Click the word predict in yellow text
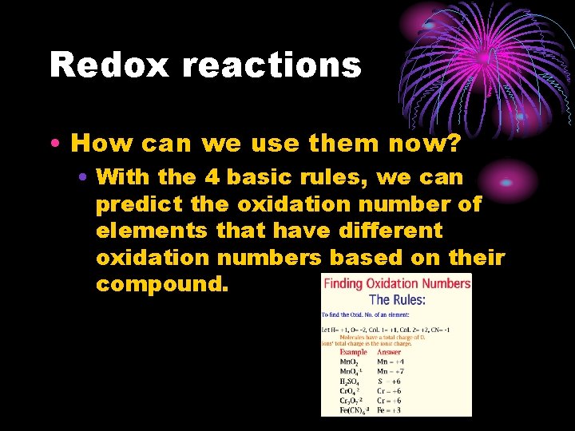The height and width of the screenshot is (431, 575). coord(139,204)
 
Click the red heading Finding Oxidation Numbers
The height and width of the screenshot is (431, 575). coord(396,283)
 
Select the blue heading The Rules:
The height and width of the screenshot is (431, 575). coord(397,300)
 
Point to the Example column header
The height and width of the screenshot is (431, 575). coord(354,352)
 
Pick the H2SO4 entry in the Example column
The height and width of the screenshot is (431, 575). coord(352,382)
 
